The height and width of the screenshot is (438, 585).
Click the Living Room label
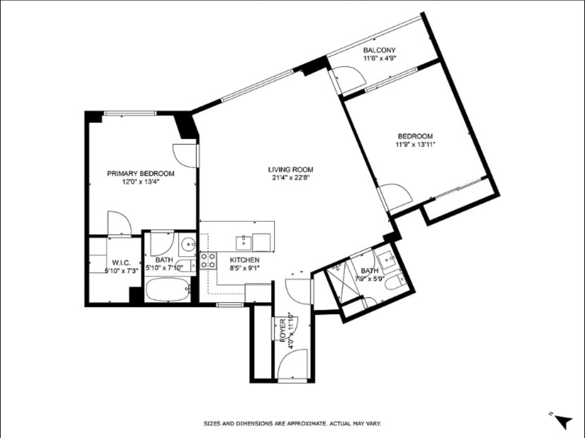pos(290,169)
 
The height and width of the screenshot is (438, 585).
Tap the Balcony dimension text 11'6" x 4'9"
pos(379,58)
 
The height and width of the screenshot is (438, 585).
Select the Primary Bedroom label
pos(141,174)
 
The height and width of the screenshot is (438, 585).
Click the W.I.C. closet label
pos(121,263)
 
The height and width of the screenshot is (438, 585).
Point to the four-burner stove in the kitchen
pos(208,261)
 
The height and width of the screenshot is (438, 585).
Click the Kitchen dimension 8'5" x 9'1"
pos(244,268)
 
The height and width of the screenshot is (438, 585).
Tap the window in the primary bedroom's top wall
pos(130,113)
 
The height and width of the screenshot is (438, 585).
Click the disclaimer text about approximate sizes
pos(292,424)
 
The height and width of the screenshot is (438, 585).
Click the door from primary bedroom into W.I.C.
pos(119,223)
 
